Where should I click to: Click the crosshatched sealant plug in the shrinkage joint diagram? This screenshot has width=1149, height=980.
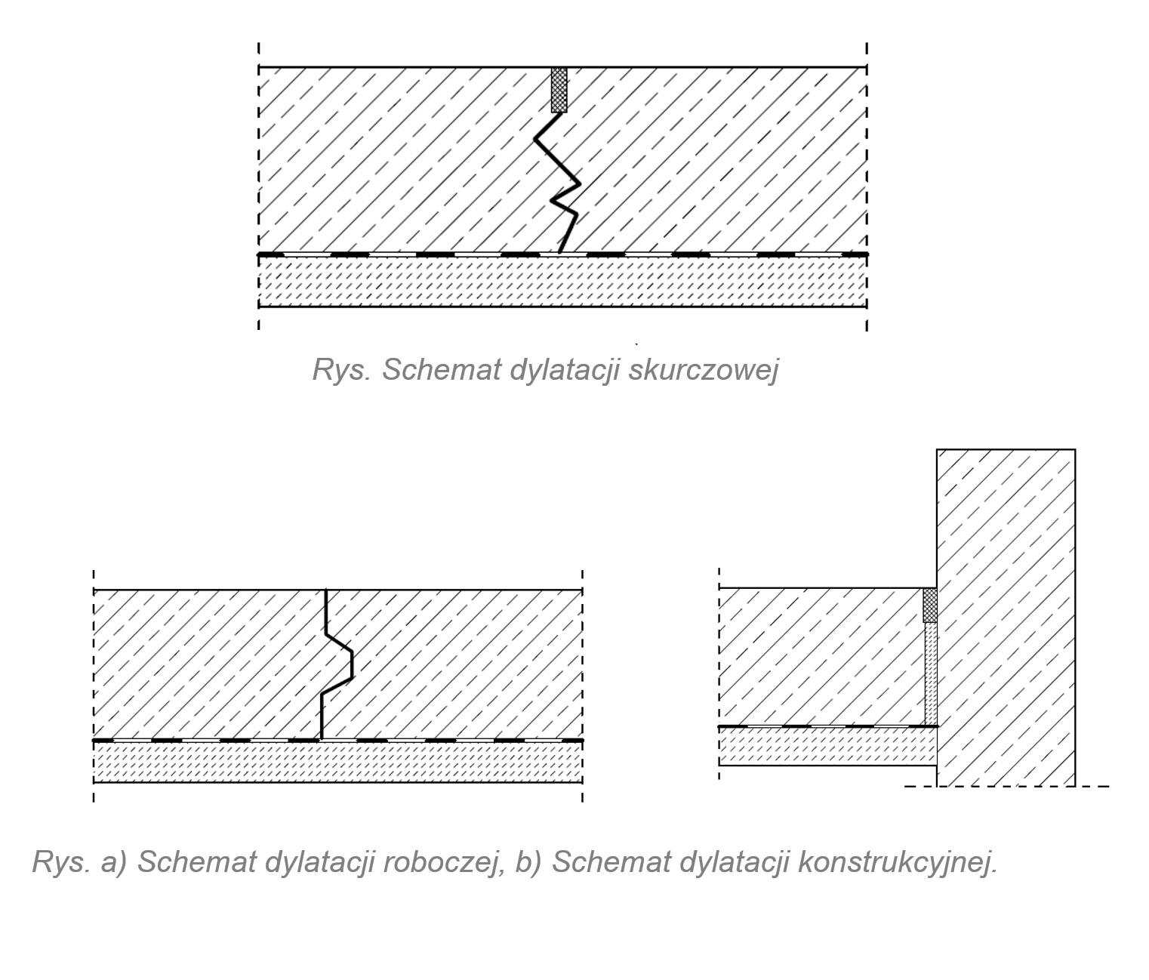pos(559,90)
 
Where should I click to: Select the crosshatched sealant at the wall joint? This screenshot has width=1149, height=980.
pos(930,605)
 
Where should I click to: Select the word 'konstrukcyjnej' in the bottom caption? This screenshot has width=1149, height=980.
pos(898,861)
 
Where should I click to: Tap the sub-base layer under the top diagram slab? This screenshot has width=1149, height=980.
pos(562,282)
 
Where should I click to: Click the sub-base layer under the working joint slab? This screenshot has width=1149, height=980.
pos(337,762)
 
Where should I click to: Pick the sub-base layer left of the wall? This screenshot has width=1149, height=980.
pos(827,746)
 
